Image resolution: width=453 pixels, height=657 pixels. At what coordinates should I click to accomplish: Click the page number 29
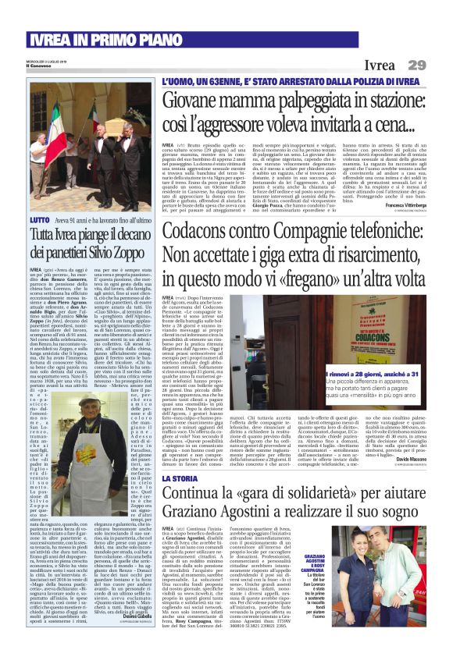[416, 66]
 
